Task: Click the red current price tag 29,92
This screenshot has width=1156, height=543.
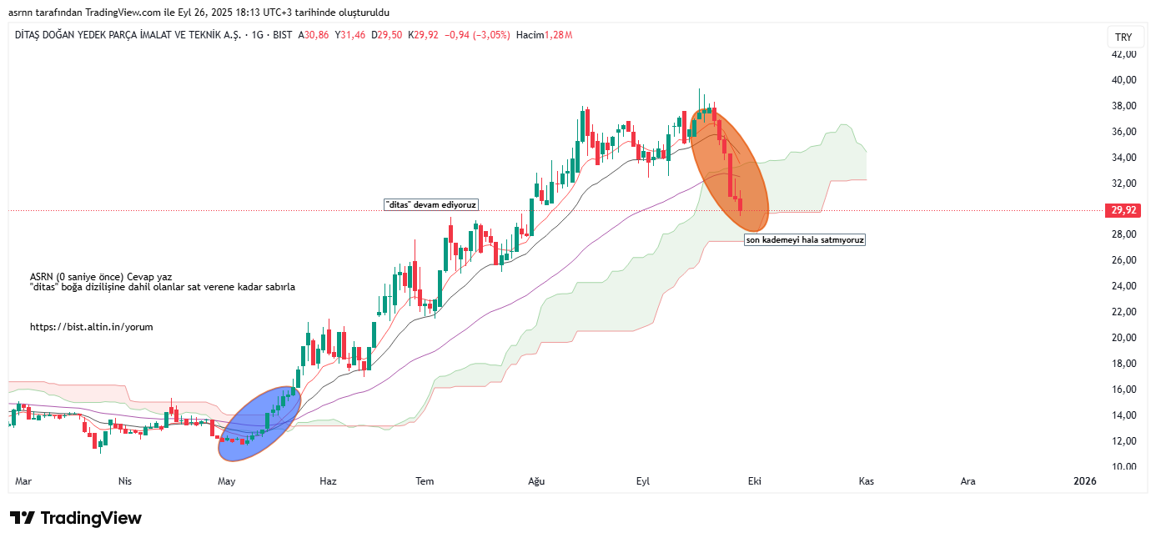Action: pos(1119,210)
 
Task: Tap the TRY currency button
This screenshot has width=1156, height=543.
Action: pos(1123,38)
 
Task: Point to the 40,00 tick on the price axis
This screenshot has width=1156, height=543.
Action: pos(1123,80)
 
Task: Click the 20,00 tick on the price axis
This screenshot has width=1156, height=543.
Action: pos(1123,338)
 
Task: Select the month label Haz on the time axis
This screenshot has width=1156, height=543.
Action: pos(328,481)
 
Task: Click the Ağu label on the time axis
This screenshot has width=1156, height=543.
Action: pos(536,481)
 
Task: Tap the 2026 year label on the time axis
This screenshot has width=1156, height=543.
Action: pos(1084,481)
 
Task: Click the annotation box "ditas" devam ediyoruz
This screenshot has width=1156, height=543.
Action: pos(431,205)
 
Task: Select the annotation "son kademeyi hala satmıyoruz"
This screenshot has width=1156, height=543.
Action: pos(805,240)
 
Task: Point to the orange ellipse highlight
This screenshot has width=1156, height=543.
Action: pos(729,171)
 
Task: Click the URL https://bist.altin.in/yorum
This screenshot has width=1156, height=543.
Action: pos(92,328)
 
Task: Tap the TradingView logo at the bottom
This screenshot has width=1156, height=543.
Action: pos(76,518)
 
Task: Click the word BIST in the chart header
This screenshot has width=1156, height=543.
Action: pos(283,35)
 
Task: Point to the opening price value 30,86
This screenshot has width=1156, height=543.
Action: pos(317,35)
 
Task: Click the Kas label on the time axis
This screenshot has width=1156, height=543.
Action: pos(866,481)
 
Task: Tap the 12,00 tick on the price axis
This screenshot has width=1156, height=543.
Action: pos(1123,441)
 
